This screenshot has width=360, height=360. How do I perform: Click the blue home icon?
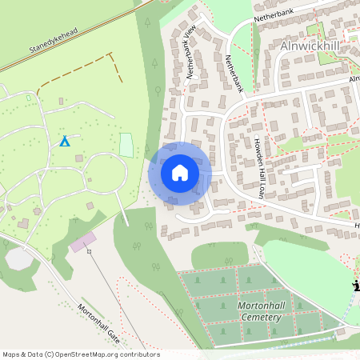coord(180,173)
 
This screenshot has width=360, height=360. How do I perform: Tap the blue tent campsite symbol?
coord(65,142)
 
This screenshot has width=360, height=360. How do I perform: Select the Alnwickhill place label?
coord(316,46)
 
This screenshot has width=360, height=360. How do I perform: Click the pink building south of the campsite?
coord(82,242)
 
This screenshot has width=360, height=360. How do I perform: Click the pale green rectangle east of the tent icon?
coord(126,145)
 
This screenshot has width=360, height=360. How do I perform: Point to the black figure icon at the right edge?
coord(355,286)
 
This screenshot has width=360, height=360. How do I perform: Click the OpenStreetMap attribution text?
coord(81,354)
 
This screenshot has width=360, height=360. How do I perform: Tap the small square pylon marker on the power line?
coord(89,251)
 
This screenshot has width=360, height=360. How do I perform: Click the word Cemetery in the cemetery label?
coord(260,318)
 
